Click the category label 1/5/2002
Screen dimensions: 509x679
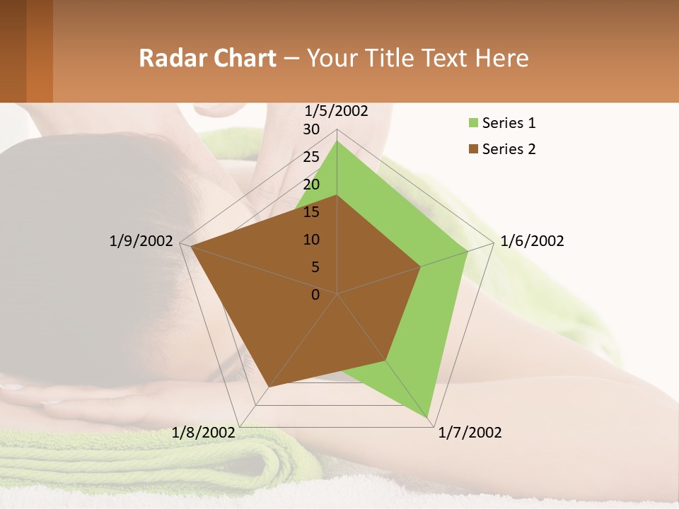coord(336,111)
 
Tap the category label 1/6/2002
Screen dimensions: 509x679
coord(532,241)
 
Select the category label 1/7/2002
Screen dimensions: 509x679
coord(470,433)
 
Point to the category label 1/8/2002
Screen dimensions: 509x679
coord(204,433)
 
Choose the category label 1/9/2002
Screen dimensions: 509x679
coord(141,241)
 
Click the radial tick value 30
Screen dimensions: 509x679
coord(311,129)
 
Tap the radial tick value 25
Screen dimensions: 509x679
coord(311,157)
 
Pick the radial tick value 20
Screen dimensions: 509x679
coord(311,185)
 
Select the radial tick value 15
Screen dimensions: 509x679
coord(311,212)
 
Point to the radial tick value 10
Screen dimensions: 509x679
coord(311,240)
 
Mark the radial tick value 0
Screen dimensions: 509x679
coord(315,295)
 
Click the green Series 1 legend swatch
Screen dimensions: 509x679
coord(473,123)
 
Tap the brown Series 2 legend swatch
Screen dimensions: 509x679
coord(473,149)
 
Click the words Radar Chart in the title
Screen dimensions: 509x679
coord(207,58)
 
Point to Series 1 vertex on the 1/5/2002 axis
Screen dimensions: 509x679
coord(337,141)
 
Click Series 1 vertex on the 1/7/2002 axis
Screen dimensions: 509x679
coord(429,418)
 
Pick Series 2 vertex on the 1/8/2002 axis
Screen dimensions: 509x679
coord(269,387)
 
